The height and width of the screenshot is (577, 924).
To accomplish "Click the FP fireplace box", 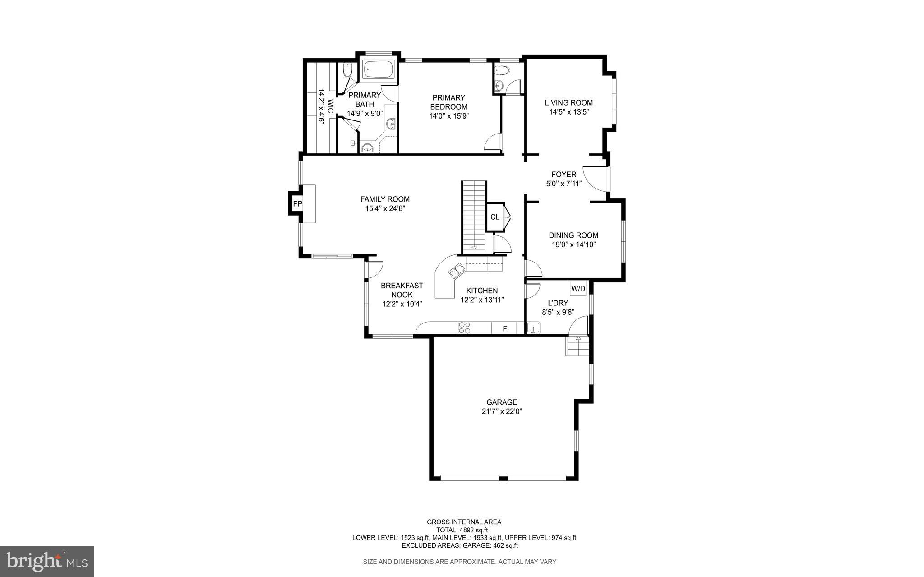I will click(x=297, y=204).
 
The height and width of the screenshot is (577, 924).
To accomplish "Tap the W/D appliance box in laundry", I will click(x=578, y=289).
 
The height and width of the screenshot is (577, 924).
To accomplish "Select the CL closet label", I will click(x=495, y=217).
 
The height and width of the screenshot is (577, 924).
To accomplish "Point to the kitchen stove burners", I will click(x=465, y=328).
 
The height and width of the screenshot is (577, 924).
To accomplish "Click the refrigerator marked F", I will click(x=505, y=329).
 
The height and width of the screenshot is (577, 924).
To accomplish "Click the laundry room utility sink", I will click(x=533, y=328).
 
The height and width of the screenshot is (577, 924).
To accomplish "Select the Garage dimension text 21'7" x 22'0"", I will click(x=502, y=411).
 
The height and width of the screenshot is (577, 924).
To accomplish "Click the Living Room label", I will click(x=568, y=102).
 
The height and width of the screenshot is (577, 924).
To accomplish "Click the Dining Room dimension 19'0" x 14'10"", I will click(x=573, y=245).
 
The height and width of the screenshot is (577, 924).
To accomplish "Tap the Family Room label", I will click(x=385, y=199).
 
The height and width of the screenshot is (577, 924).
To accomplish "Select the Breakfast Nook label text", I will click(x=402, y=290).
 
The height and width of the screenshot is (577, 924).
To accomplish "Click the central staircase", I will click(x=474, y=217).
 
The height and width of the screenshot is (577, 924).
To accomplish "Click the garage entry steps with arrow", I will click(x=577, y=346).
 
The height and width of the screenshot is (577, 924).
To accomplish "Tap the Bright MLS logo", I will click(x=47, y=561).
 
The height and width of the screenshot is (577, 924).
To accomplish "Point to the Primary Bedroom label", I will click(x=448, y=102).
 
